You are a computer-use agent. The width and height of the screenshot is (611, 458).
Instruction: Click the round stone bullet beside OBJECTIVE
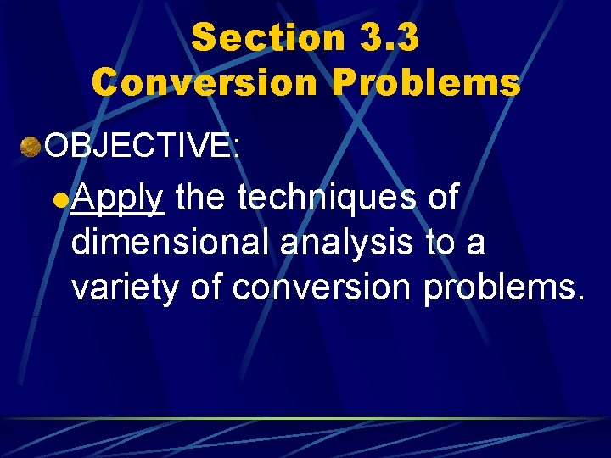point(31,147)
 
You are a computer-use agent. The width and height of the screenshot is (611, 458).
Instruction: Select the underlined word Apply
point(117,200)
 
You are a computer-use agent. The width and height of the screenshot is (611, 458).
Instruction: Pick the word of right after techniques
point(443,198)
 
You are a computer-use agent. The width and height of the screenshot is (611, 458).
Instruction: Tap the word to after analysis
point(440,243)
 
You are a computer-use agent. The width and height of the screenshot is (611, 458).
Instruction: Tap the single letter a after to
point(476,245)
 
